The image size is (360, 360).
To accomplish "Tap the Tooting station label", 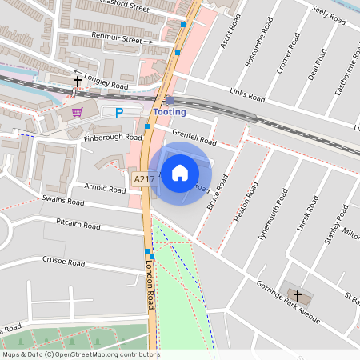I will (170, 112).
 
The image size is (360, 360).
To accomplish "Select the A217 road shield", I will (142, 179).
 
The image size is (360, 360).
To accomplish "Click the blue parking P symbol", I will (119, 114).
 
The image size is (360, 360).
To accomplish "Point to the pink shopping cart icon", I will (77, 112).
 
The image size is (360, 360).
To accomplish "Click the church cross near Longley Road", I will (78, 81).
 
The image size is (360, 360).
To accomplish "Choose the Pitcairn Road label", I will (78, 226).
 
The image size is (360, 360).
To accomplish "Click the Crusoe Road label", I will (64, 262).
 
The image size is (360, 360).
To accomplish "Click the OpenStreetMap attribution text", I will (80, 354).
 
